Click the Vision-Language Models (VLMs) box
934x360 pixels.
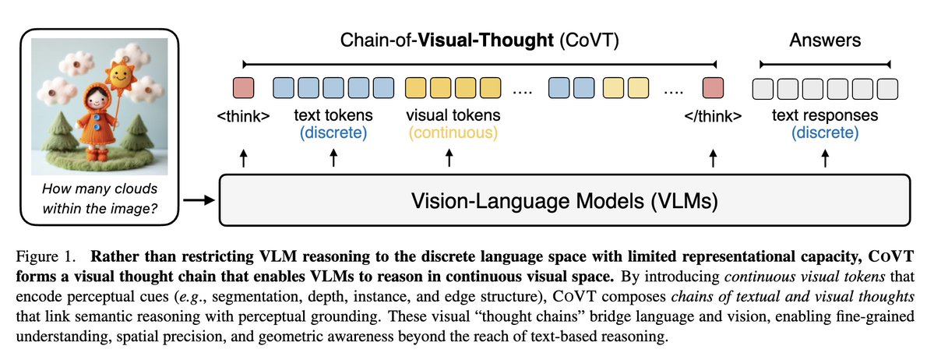[x=564, y=201]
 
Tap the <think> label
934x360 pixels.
[x=243, y=117]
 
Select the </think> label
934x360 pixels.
[x=712, y=117]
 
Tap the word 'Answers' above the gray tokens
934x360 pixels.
[x=825, y=40]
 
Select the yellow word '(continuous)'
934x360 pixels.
[x=453, y=133]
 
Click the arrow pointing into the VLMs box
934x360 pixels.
[x=202, y=201]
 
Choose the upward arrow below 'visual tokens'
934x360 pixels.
[x=449, y=159]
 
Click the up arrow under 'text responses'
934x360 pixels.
[x=825, y=159]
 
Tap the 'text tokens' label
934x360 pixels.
[x=333, y=116]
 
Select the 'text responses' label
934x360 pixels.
[x=825, y=116]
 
